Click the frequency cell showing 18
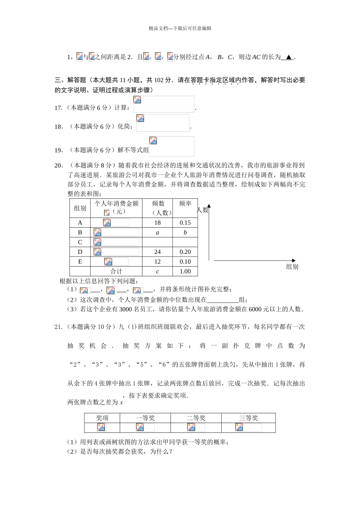157,223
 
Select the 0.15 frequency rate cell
185,223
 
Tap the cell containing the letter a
157,233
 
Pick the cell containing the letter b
185,233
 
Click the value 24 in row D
157,252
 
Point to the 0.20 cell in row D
185,252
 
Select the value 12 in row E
157,262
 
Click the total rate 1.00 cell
185,272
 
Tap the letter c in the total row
157,272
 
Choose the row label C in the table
80,242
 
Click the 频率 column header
185,204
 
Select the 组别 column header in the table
80,208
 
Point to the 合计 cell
116,272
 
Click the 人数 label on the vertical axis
203,210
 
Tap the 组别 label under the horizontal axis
292,267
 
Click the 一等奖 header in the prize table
146,418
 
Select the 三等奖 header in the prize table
249,418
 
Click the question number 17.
58,108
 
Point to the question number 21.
58,327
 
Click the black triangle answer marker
289,57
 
